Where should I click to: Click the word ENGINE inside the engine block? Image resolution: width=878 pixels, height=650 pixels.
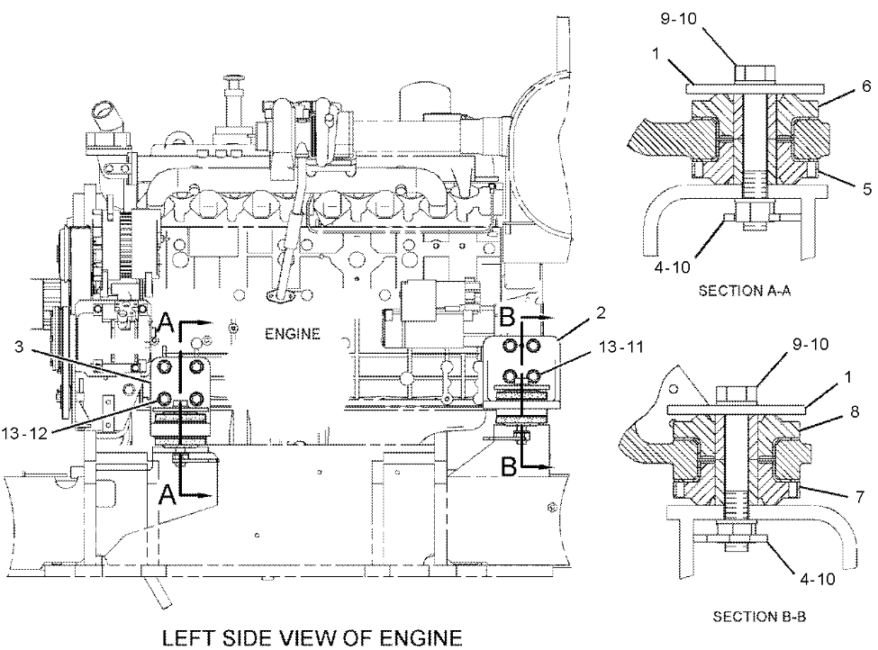tap(293, 334)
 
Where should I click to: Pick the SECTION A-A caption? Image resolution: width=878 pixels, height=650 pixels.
tap(737, 290)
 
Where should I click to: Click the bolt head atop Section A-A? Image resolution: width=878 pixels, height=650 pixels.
tap(747, 74)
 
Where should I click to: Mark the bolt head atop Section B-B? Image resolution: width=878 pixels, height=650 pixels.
tap(735, 396)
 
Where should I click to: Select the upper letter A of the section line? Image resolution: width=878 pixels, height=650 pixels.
tap(165, 322)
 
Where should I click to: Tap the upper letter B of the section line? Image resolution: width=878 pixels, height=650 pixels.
tap(507, 317)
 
